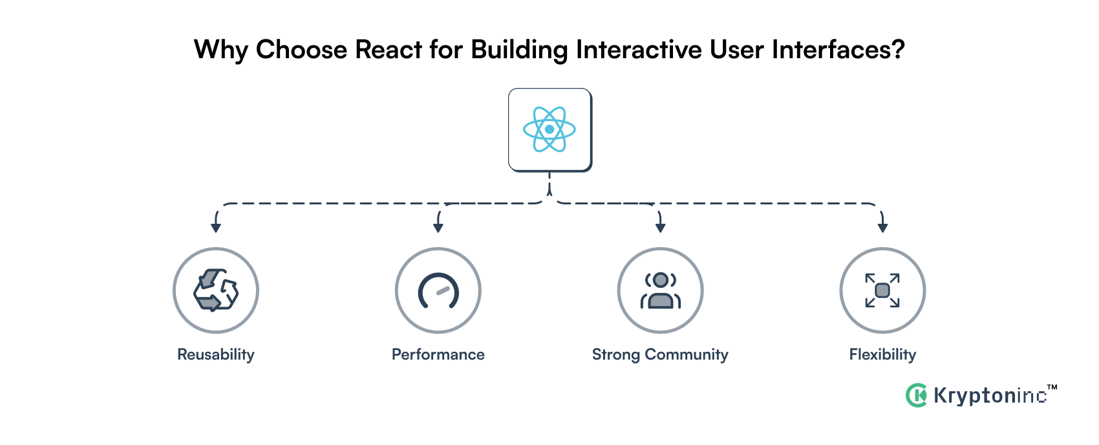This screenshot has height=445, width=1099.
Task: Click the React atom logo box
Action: tap(549, 129)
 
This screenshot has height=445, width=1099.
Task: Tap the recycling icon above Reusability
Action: tap(216, 290)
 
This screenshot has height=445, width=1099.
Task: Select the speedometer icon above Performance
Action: tap(438, 290)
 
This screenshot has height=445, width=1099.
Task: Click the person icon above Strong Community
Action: tap(660, 290)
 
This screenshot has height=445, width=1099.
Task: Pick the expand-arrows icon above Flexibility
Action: tap(882, 290)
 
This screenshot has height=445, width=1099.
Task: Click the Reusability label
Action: tap(216, 354)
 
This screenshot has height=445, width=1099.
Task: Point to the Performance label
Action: tap(438, 354)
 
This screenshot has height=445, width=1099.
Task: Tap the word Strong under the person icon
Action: tap(615, 354)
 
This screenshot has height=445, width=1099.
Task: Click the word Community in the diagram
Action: tap(687, 354)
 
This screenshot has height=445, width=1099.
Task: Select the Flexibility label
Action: tap(882, 354)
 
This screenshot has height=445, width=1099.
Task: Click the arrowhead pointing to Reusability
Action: tap(216, 227)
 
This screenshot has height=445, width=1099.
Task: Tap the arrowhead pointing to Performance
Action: tap(438, 227)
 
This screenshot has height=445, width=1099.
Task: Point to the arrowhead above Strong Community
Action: tap(660, 227)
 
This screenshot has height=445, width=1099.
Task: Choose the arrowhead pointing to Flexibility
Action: tap(882, 227)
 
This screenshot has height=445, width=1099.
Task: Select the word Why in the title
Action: tap(220, 50)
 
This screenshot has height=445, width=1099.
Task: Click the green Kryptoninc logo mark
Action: tap(916, 395)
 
